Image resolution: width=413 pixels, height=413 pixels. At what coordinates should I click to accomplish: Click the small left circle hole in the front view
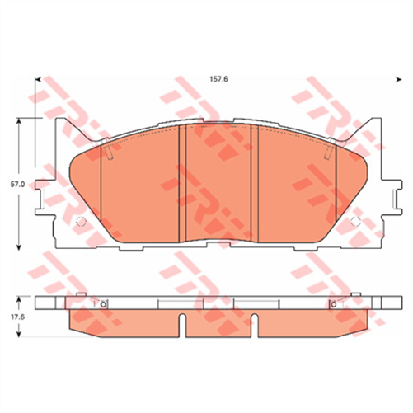80,221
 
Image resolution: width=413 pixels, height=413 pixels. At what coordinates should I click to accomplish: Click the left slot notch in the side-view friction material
185,328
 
